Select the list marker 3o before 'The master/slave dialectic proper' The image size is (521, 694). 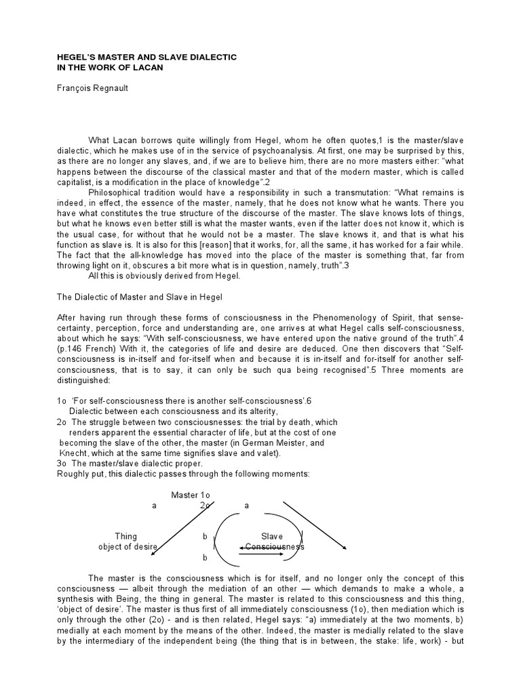pyautogui.click(x=62, y=464)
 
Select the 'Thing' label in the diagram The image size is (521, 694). pyautogui.click(x=126, y=536)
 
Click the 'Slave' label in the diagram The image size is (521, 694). pyautogui.click(x=272, y=536)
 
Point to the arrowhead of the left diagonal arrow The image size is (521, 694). pyautogui.click(x=153, y=554)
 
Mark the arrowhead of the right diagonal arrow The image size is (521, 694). pyautogui.click(x=347, y=549)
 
